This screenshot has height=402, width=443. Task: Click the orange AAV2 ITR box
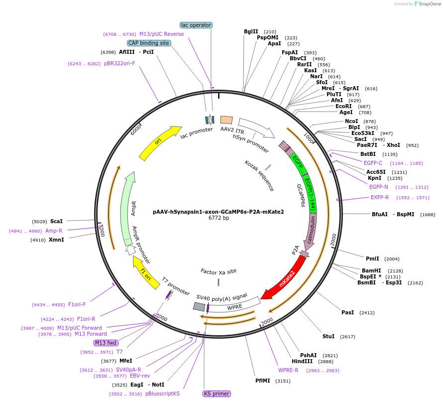coord(226,120)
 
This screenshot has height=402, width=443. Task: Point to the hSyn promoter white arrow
coord(256,128)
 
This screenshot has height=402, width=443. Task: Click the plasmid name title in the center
coord(219,211)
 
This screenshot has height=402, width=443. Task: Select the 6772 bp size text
coord(219,218)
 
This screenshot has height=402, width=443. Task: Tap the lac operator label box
coord(196,25)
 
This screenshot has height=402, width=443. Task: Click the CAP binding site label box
coord(149,43)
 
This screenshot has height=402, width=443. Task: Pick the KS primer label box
coord(217,394)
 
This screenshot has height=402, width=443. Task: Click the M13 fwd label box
coord(106,343)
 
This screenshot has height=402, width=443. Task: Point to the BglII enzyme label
coord(251,31)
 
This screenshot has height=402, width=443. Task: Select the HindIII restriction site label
coord(302,361)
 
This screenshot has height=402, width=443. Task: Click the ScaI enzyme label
coord(57,221)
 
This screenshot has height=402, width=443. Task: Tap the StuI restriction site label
coord(329,336)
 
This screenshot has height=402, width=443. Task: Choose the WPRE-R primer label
coord(288,370)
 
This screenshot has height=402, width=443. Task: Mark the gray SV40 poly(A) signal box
coord(199,307)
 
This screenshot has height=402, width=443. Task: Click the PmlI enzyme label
coord(372,259)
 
